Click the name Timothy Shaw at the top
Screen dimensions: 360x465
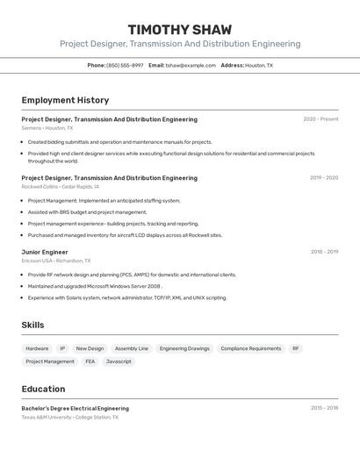(180, 30)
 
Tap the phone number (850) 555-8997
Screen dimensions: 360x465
(125, 66)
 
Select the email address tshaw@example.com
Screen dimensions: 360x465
(191, 66)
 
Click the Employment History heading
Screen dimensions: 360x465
(65, 101)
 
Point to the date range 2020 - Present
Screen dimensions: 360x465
(320, 119)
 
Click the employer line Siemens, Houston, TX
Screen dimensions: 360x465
(47, 128)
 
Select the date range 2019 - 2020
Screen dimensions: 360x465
(324, 178)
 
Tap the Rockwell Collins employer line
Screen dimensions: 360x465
(61, 187)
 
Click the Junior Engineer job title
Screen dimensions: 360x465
(45, 252)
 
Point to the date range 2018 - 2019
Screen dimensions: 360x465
(324, 252)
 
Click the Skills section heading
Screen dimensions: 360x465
(32, 325)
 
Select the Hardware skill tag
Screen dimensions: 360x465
(37, 348)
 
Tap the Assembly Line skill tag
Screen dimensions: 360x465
(132, 348)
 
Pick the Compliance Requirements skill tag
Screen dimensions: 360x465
(251, 348)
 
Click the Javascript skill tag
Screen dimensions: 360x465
(119, 361)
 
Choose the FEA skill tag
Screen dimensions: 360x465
(90, 361)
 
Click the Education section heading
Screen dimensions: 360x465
(43, 390)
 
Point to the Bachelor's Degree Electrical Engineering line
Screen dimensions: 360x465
(75, 409)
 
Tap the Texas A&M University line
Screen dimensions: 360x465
(69, 418)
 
